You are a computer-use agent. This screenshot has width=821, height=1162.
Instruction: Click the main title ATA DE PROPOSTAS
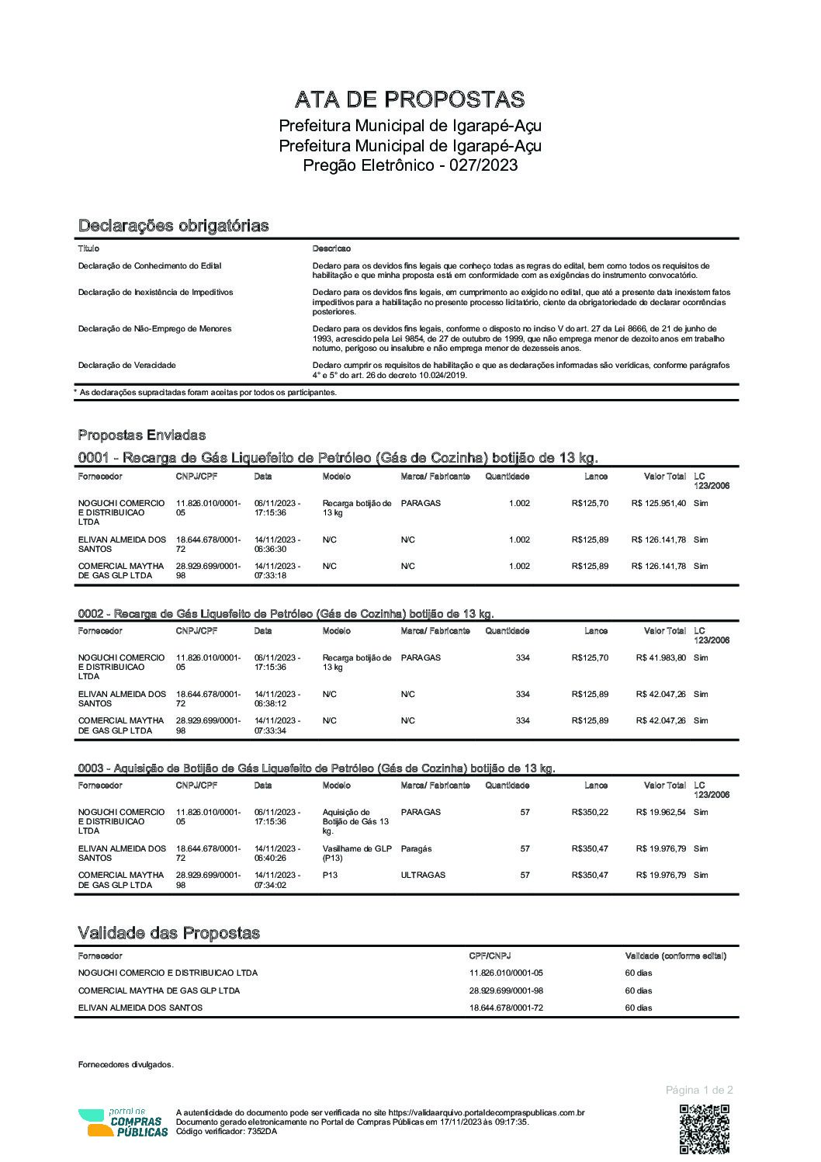click(x=410, y=99)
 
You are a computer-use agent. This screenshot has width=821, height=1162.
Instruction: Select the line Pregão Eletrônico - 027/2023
click(x=410, y=165)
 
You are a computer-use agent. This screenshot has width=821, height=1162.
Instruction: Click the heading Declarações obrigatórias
click(x=173, y=226)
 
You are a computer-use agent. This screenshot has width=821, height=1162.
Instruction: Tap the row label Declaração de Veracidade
click(x=127, y=365)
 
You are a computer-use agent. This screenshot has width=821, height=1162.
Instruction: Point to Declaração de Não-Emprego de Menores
click(x=154, y=329)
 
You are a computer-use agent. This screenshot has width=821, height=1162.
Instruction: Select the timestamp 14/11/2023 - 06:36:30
click(x=277, y=544)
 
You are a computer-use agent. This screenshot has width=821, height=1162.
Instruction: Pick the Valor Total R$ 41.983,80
click(x=660, y=658)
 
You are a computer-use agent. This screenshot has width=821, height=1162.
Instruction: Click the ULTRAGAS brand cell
click(x=423, y=875)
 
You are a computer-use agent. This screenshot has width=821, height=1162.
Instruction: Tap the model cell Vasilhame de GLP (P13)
click(x=357, y=854)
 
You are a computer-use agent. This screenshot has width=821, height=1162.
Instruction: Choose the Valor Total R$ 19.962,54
click(x=660, y=813)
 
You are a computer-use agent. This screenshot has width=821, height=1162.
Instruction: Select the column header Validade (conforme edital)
click(x=675, y=956)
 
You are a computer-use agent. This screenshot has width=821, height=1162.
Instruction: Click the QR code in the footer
click(x=704, y=1129)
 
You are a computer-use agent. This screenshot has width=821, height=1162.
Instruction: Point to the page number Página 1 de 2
click(x=698, y=1090)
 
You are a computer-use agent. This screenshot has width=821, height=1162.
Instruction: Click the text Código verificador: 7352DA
click(x=227, y=1131)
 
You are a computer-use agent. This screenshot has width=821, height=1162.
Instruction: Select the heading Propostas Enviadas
click(x=141, y=435)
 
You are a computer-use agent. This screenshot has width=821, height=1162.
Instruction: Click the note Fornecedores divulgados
click(x=126, y=1065)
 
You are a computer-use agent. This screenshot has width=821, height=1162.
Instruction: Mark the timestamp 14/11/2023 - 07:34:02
click(x=277, y=879)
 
